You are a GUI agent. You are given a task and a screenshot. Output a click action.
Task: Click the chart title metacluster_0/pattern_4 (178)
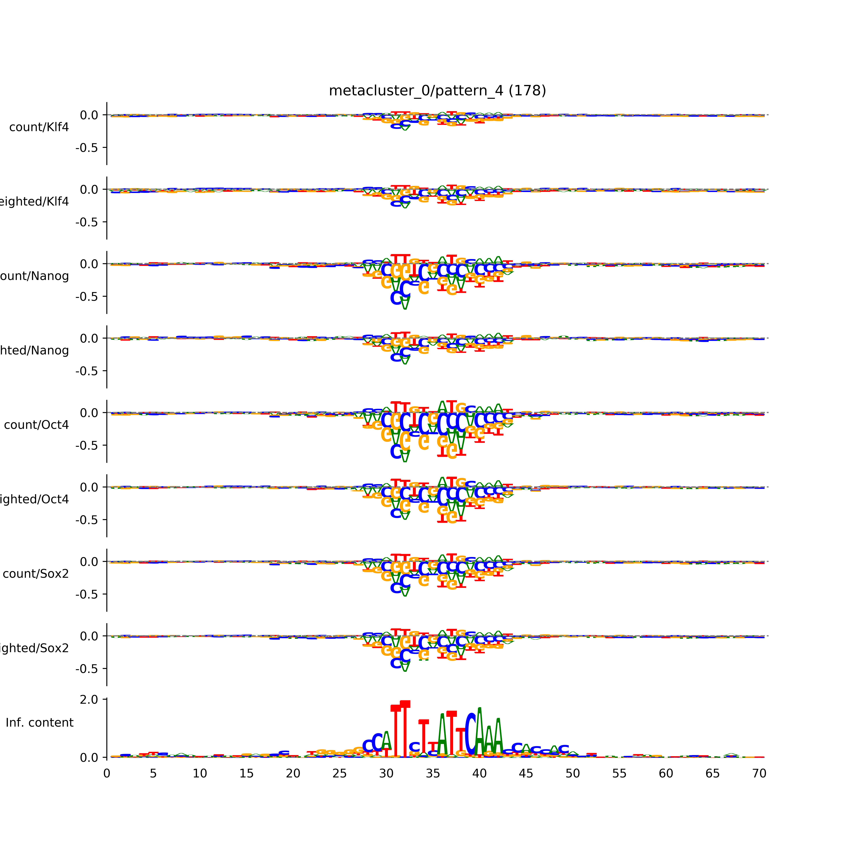437,91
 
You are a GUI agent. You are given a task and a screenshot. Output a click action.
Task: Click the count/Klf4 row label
39,127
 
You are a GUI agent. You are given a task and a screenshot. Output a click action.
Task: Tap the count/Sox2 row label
36,574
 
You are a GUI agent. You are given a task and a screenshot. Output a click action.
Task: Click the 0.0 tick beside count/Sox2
89,562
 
